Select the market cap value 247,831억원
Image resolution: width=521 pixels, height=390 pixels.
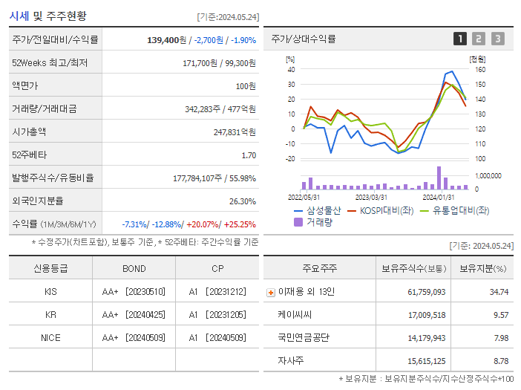pos(235,131)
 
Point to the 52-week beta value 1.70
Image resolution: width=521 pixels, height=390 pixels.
pos(249,155)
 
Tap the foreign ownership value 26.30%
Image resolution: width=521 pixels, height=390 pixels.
pos(243,201)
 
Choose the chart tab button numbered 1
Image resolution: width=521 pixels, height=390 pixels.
pos(460,39)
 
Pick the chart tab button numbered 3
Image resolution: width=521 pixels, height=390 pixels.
pos(497,39)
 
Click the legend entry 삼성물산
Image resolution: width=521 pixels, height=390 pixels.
pos(321,210)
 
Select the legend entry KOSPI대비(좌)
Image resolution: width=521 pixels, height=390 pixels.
pos(386,210)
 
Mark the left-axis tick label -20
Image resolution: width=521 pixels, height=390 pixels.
pos(290,158)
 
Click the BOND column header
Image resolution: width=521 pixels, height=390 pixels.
pos(134,268)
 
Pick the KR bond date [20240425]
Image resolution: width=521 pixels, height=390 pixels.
pos(145,314)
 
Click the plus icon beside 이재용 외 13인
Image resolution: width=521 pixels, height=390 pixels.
pos(270,292)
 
